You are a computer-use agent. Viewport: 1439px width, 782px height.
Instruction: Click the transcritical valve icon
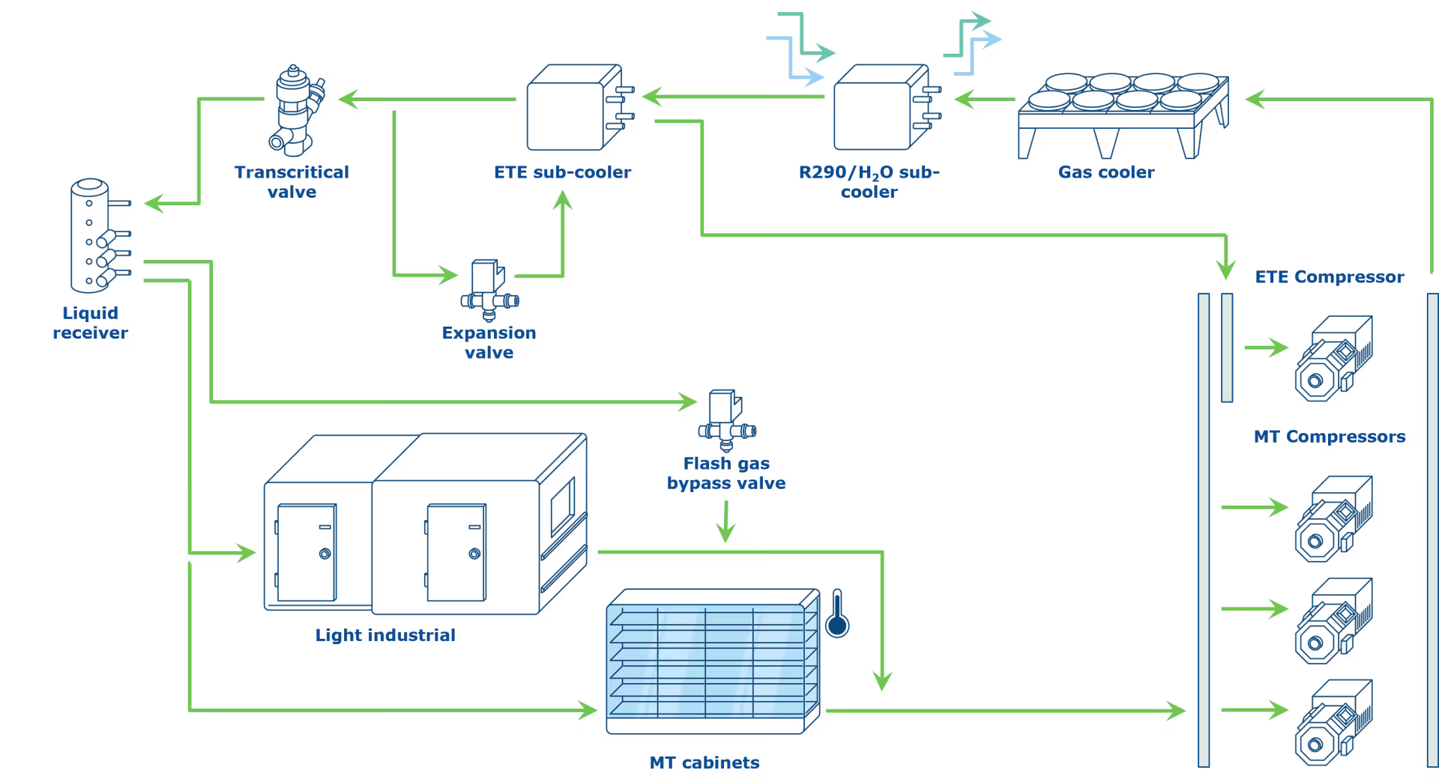297,110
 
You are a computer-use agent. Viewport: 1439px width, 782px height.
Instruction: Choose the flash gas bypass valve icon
727,420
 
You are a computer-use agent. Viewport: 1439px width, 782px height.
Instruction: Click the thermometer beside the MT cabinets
837,613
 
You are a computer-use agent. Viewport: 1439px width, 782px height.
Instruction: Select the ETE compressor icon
1334,358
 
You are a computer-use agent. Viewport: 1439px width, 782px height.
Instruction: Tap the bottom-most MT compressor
1334,722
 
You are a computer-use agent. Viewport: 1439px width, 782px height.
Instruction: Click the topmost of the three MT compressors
1334,518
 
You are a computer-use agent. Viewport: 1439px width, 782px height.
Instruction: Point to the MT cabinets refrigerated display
713,661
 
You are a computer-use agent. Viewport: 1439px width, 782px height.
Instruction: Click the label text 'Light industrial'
385,635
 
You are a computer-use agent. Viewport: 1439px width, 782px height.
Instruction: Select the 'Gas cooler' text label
1106,172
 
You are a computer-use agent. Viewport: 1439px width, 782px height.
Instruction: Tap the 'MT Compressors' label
1330,437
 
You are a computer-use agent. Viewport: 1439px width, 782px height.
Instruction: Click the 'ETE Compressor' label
1330,277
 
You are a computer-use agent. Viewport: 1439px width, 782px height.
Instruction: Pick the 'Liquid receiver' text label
90,323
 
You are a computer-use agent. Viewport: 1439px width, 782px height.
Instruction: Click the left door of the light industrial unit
306,553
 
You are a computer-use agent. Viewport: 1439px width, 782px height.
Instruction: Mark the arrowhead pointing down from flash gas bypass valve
725,533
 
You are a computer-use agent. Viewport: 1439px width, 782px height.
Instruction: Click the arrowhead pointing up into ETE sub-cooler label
563,200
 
